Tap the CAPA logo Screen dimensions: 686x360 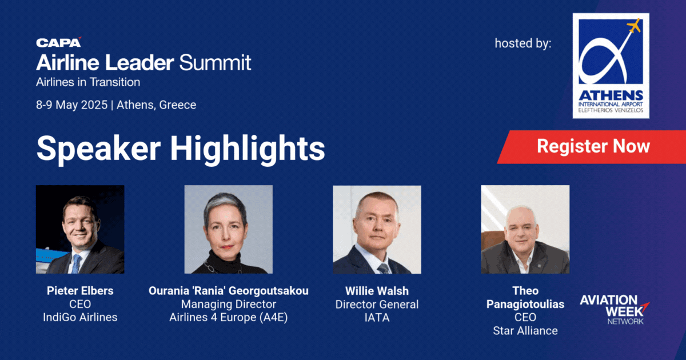[59, 42]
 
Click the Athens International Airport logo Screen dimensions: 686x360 [611, 66]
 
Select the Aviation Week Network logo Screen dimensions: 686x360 [615, 310]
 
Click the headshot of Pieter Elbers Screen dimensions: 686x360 [80, 229]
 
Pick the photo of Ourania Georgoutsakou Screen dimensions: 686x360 [229, 229]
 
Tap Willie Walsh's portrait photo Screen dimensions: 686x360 [377, 230]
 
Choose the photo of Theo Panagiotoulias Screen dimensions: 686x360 [525, 229]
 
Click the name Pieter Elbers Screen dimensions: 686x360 [80, 291]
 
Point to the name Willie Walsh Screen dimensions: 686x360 [377, 291]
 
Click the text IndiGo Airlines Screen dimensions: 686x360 [80, 318]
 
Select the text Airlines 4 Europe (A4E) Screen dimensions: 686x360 [229, 318]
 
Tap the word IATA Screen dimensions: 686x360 [377, 318]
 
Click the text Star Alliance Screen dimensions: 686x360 [525, 331]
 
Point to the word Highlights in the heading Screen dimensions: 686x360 [248, 149]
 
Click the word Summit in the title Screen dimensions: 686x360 [215, 63]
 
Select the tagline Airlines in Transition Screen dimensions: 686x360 [88, 82]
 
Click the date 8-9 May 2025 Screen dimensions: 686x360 [72, 105]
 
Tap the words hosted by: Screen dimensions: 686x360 [523, 43]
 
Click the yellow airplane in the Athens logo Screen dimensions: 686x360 [634, 25]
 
